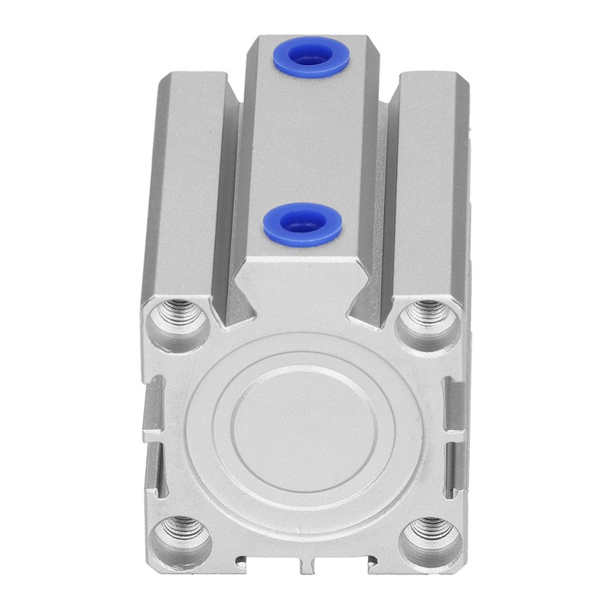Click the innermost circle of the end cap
point(305,429)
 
